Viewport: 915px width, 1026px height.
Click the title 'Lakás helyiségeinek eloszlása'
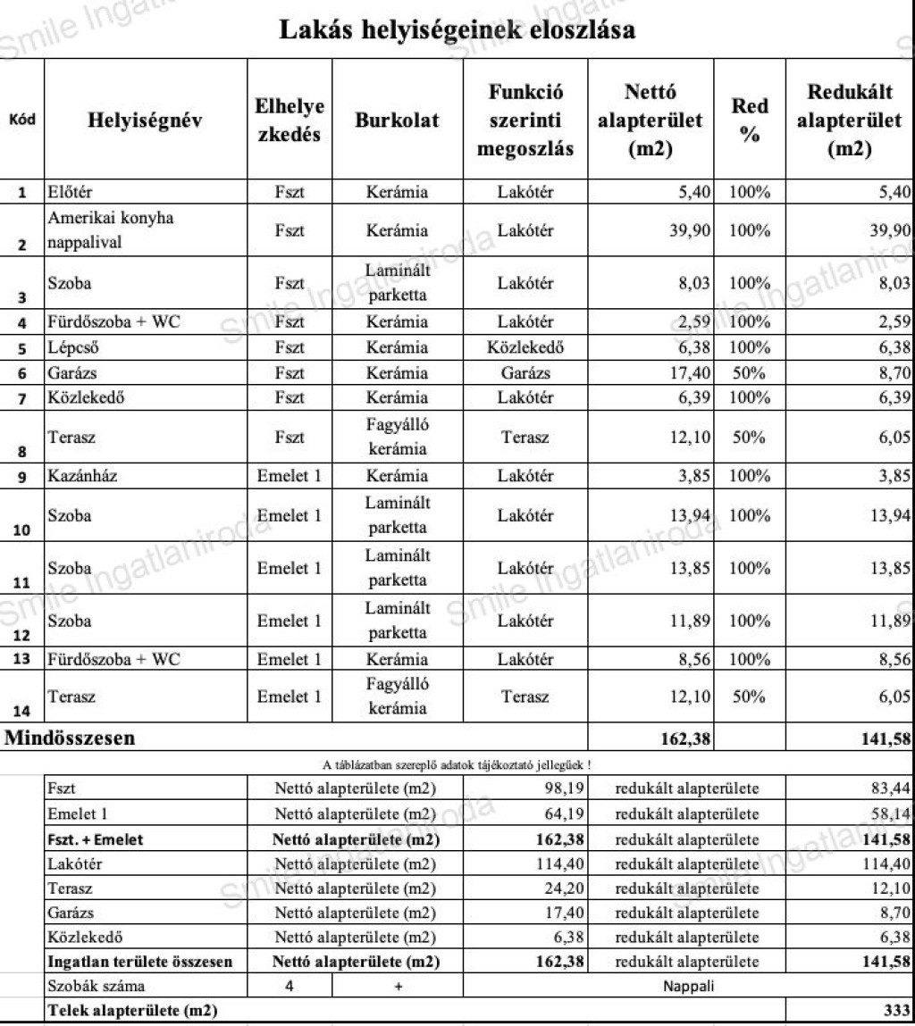coord(457,29)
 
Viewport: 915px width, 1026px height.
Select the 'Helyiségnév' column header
coord(145,121)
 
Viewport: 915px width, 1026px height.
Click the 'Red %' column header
coord(750,121)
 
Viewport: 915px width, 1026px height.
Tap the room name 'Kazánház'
coord(81,476)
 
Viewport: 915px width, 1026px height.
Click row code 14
coord(23,711)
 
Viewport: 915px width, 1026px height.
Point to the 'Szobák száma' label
coord(97,985)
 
